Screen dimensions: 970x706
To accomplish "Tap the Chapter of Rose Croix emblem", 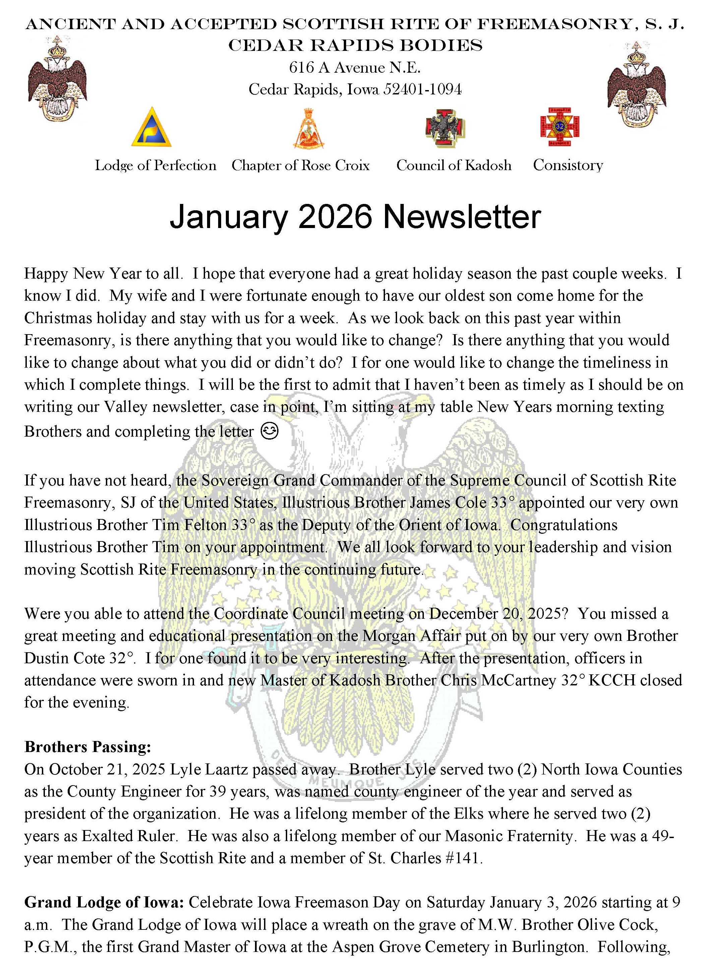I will point(308,128).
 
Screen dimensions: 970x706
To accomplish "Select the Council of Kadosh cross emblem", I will point(445,128).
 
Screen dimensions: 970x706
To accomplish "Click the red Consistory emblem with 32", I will point(560,127).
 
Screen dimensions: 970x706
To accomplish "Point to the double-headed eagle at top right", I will point(636,84).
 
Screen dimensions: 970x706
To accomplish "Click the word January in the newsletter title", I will point(229,217).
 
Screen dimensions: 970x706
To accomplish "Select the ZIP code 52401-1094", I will point(422,89).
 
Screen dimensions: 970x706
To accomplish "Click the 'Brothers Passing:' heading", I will point(88,747).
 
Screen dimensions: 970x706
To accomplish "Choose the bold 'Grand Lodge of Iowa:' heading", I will point(104,902).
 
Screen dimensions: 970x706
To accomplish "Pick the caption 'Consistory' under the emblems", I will point(568,165).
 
